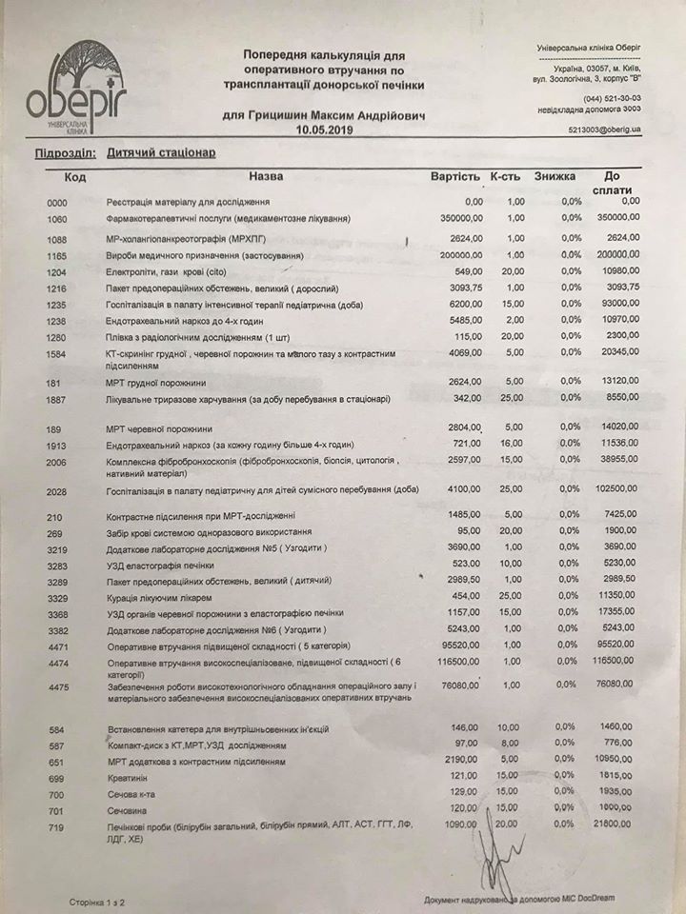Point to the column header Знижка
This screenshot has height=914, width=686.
coord(554,176)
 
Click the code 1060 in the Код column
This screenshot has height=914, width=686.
coord(58,219)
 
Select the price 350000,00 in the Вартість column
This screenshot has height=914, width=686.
coord(454,219)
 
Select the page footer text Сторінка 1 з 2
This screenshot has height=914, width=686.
coord(97,898)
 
